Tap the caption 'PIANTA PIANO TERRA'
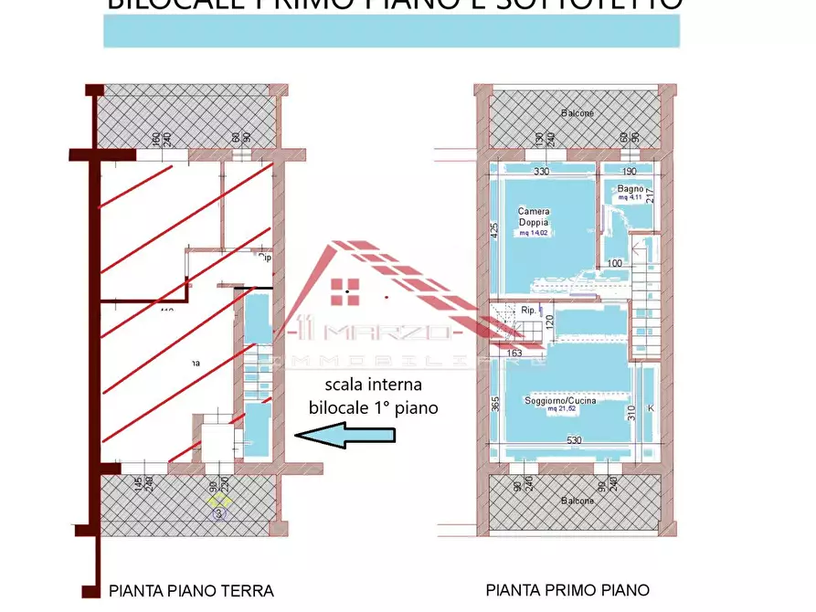[x=191, y=590]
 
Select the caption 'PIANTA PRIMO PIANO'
[x=567, y=590]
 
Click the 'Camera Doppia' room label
[x=534, y=216]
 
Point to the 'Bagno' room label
[x=631, y=188]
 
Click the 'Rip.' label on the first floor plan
[x=528, y=310]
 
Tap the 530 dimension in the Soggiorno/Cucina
[x=573, y=440]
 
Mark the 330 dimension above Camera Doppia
[x=541, y=171]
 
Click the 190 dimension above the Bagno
[x=629, y=171]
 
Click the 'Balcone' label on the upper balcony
[x=577, y=113]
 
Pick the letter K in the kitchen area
[x=651, y=406]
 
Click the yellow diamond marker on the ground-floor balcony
[x=219, y=500]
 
